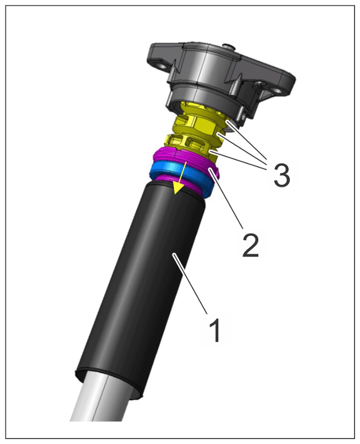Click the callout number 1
(x=215, y=330)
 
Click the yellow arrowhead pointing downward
(x=178, y=188)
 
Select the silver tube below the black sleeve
(x=99, y=402)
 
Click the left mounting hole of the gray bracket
(x=161, y=66)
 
